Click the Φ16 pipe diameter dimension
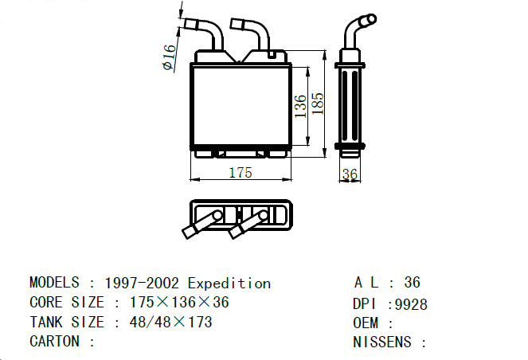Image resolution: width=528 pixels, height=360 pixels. coord(170,57)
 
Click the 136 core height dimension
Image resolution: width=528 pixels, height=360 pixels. coord(300,107)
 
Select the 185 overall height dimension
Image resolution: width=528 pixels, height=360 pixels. coord(318,104)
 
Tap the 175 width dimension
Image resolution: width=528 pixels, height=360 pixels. coord(241,173)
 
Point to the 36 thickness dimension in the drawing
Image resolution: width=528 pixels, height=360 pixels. coord(350,174)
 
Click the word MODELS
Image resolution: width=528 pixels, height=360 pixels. coord(54,283)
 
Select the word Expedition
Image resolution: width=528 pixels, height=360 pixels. coord(229,284)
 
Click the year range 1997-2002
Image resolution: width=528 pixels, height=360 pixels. coord(142,284)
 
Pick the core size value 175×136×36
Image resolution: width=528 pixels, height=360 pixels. coord(179,303)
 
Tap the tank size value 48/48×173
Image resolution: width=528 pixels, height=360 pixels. coord(171,323)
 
